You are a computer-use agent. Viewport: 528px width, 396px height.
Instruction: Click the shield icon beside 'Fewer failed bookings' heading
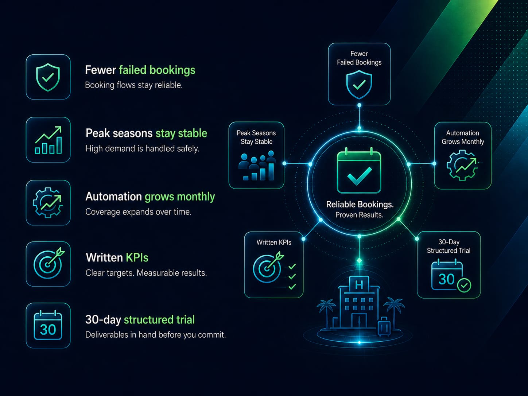48,77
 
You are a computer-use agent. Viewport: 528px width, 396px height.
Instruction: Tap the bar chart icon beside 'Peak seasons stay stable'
48,140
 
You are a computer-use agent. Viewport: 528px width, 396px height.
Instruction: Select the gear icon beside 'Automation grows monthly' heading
48,202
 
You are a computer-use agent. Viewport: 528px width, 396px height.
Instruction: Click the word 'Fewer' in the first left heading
101,70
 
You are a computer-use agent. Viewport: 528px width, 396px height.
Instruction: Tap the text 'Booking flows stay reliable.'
134,85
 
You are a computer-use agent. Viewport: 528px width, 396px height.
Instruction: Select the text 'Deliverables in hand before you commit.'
156,335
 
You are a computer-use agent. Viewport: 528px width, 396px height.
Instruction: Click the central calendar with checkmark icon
359,170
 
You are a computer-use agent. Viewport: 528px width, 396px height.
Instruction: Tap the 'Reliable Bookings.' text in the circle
360,204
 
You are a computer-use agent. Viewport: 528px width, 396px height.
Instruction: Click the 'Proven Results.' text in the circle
360,215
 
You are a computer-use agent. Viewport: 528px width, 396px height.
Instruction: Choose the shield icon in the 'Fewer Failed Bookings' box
359,84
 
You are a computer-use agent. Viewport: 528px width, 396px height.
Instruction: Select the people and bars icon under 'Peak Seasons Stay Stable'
257,166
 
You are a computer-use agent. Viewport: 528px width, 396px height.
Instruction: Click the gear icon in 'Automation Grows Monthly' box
462,165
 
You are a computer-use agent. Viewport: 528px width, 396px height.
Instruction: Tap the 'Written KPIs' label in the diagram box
274,242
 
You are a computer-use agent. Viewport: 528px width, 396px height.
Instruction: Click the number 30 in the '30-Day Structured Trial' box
446,279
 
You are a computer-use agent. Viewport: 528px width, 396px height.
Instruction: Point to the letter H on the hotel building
359,285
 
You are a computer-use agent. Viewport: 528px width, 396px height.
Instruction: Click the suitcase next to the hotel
384,326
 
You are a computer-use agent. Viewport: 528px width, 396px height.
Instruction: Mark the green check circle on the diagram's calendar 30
464,286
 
